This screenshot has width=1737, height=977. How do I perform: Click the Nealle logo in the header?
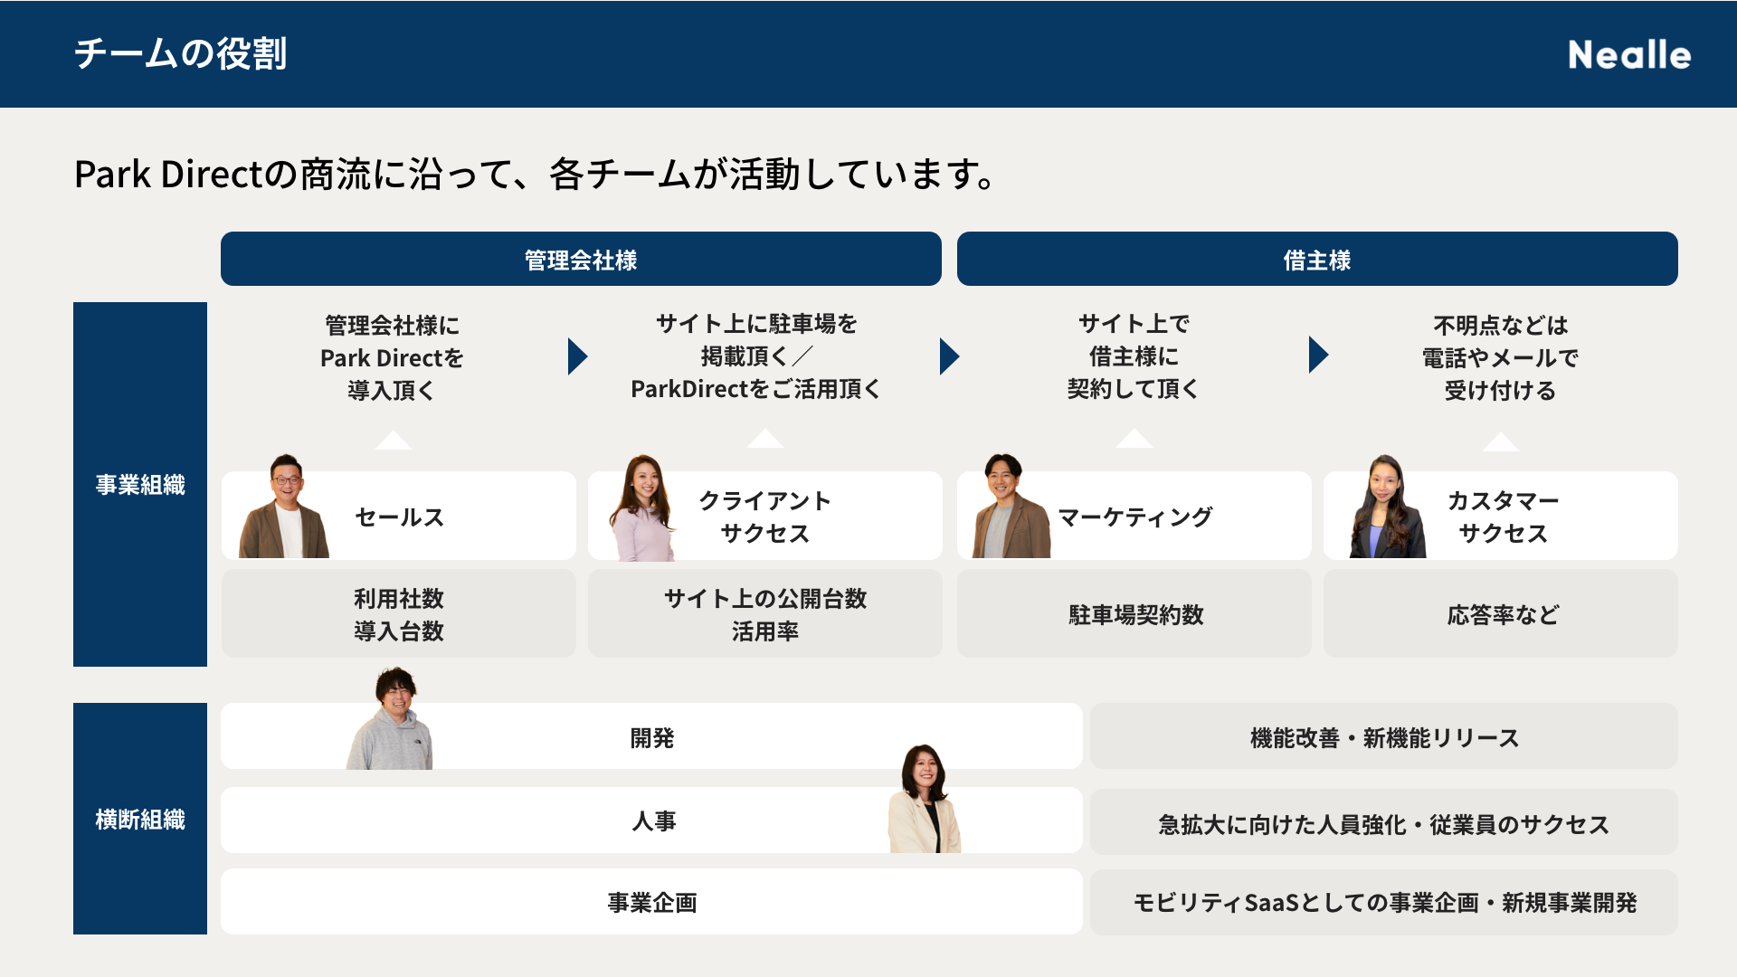click(x=1629, y=54)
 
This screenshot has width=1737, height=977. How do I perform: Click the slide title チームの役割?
click(x=181, y=53)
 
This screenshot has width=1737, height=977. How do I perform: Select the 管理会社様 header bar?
click(x=581, y=260)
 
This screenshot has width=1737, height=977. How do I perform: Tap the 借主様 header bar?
click(x=1317, y=260)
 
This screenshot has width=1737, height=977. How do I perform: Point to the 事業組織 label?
click(x=140, y=485)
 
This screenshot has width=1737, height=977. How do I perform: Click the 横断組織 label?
click(x=140, y=820)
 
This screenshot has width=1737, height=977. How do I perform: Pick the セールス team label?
click(x=399, y=517)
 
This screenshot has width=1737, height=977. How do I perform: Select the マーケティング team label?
click(x=1135, y=517)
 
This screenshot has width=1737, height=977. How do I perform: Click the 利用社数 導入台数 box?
click(x=399, y=613)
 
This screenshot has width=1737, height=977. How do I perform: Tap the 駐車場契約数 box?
click(x=1134, y=613)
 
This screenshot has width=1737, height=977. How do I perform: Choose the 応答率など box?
click(x=1501, y=613)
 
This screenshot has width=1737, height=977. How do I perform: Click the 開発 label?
click(x=652, y=738)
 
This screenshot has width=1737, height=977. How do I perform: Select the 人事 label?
click(x=653, y=820)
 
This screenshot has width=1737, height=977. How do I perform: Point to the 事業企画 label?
click(x=652, y=903)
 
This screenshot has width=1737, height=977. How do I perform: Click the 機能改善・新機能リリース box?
click(x=1384, y=736)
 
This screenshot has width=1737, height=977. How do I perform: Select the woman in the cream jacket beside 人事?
click(x=925, y=799)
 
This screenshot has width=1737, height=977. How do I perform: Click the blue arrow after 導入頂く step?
click(x=577, y=356)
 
